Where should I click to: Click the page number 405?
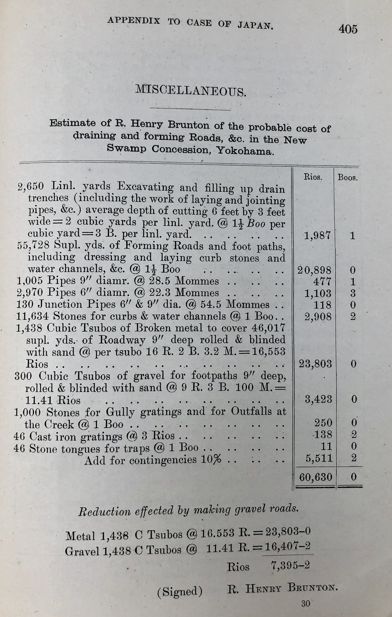point(348,29)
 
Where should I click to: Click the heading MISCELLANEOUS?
point(191,91)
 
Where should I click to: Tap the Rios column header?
point(313,177)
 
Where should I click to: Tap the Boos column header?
point(348,178)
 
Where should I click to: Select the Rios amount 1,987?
point(318,236)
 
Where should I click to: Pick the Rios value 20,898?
point(315,270)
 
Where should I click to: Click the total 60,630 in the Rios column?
point(316,477)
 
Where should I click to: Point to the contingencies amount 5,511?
point(319,458)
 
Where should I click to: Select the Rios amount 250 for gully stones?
point(323,423)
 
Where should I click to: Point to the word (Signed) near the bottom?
point(180,592)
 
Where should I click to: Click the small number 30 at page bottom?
point(306,603)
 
